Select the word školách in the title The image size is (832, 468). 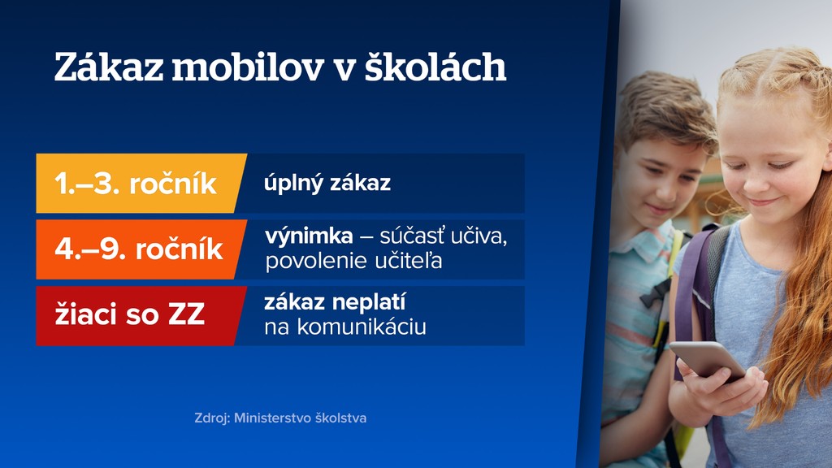coord(435,67)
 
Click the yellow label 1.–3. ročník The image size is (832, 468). coord(136,184)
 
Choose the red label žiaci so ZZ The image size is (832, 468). coord(130,315)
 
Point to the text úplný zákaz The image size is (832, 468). coord(327,184)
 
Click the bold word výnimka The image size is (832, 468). coord(309,237)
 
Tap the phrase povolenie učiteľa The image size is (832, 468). coord(353,262)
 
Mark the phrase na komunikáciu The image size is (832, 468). coord(345,328)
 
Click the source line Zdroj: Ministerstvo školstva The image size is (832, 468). coord(280,418)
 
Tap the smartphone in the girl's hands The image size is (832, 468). coord(706,358)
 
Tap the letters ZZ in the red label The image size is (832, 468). coord(186,315)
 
